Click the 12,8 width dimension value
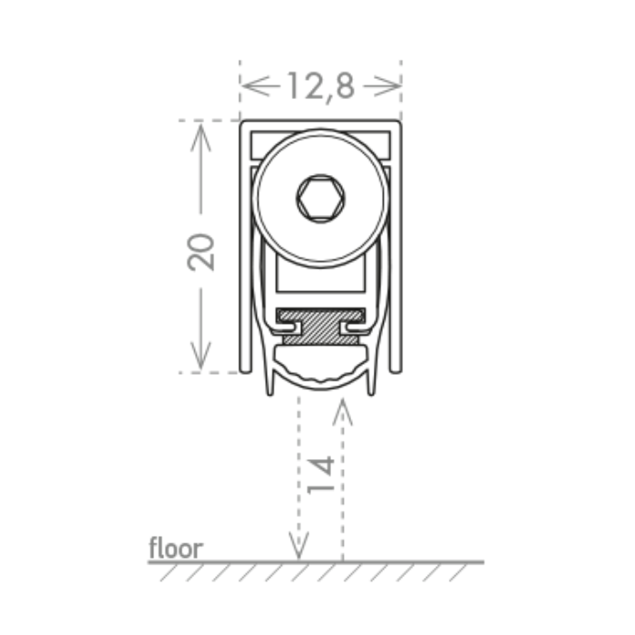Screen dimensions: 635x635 [321, 87]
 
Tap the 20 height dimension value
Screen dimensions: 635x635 [200, 252]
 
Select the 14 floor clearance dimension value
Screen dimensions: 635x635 [321, 475]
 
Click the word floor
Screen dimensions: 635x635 [176, 548]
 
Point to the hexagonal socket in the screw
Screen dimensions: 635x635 [321, 198]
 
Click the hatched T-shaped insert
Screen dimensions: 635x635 [321, 326]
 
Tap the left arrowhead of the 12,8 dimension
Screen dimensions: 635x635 [255, 86]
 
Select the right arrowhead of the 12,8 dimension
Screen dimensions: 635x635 [387, 86]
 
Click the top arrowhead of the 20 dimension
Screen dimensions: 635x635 [200, 138]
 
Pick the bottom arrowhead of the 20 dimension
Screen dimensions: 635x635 [200, 356]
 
